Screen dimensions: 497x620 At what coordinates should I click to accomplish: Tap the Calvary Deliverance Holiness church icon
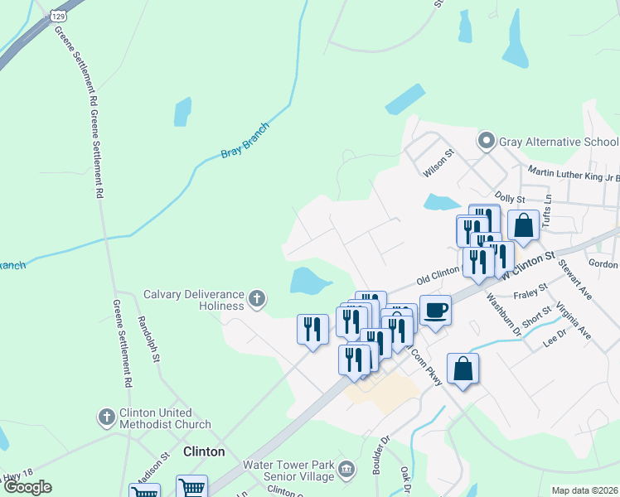click(x=257, y=298)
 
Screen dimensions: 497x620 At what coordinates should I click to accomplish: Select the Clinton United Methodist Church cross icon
click(x=106, y=417)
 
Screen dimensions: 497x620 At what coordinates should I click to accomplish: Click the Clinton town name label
click(x=203, y=451)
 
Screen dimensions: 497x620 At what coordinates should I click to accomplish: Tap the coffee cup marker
click(x=435, y=311)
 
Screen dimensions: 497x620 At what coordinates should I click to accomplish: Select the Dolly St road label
click(x=510, y=199)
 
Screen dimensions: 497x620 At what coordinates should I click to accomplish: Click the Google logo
click(x=27, y=487)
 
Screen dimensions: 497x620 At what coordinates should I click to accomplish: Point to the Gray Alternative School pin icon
click(x=487, y=142)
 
